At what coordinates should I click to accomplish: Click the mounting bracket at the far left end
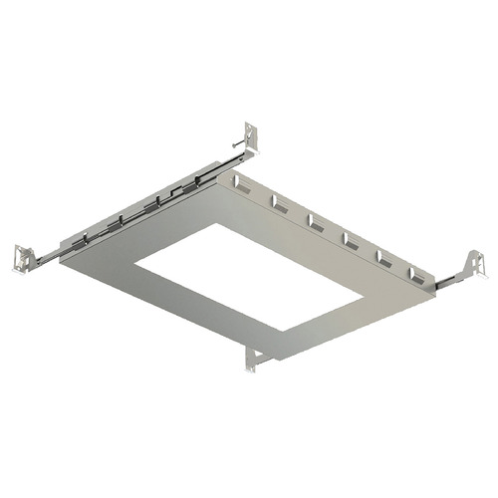(21, 259)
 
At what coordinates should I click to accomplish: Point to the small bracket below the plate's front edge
(251, 360)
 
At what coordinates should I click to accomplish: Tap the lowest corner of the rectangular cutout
(284, 331)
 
